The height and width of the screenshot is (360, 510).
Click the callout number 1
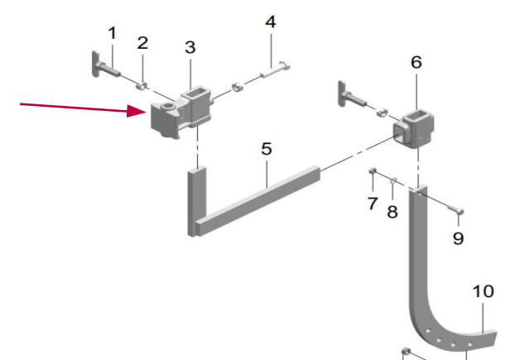113,33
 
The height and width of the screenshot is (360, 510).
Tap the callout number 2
142,43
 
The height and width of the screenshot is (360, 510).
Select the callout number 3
190,47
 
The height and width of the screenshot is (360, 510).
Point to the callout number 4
271,22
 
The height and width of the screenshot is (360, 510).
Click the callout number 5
267,149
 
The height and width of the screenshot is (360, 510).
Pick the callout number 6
416,62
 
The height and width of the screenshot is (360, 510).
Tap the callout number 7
373,204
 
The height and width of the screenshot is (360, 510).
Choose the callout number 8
392,212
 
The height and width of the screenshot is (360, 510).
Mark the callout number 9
458,238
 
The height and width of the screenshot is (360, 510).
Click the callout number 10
483,291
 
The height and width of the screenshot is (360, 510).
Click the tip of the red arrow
147,112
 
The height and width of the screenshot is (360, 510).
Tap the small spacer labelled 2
141,87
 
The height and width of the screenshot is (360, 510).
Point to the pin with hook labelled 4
275,70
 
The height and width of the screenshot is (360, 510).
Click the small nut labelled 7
373,170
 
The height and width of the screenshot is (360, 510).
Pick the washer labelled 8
393,180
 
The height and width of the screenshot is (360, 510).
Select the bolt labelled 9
455,210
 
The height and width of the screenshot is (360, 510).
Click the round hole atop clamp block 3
169,106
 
